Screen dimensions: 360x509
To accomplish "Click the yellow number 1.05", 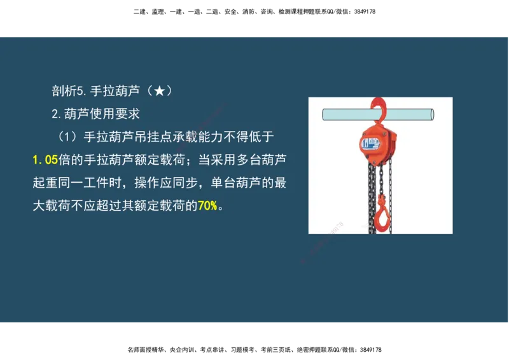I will pos(45,160).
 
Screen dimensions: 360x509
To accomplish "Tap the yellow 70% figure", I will pos(207,206).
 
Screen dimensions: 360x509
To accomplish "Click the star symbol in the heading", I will pos(159,92).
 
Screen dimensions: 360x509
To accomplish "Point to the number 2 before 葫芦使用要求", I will pos(55,114).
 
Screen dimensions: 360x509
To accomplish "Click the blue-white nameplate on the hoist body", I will pos(370,143).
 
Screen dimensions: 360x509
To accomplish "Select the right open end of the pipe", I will pos(431,115).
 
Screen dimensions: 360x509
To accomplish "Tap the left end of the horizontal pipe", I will pos(324,115).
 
